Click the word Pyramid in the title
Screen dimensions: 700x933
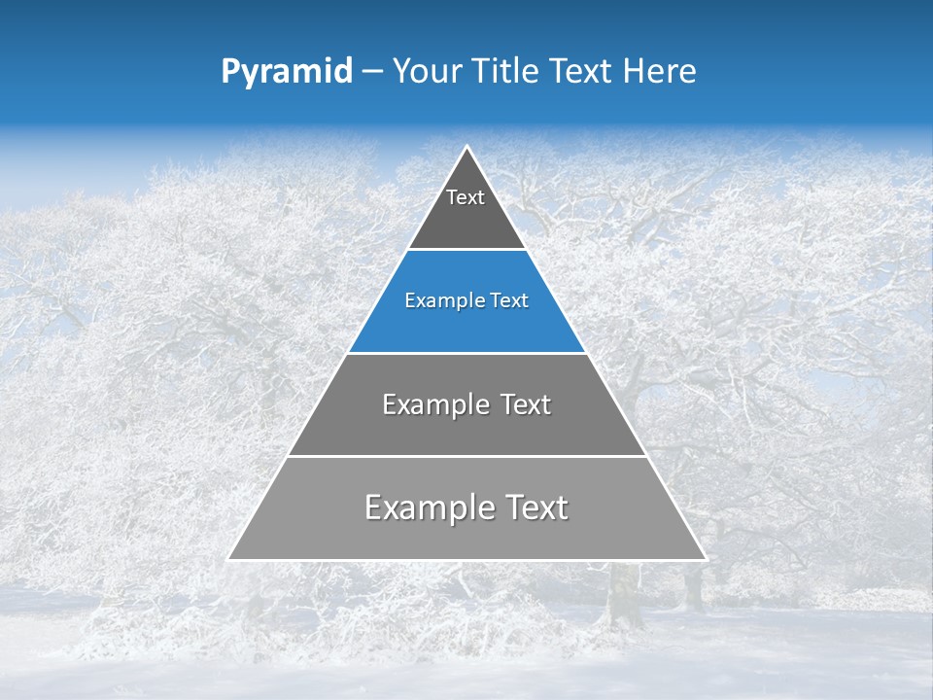pos(286,72)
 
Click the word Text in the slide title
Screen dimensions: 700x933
pos(582,71)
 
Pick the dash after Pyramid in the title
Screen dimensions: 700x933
pos(371,72)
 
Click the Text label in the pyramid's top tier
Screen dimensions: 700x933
pos(466,198)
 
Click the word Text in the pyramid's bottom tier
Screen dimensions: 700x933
pos(532,507)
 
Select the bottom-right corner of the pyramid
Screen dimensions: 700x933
pos(705,559)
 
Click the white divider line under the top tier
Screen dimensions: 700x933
pos(466,250)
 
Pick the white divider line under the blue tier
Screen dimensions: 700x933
pos(466,353)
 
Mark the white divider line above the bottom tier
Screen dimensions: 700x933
pos(466,456)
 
